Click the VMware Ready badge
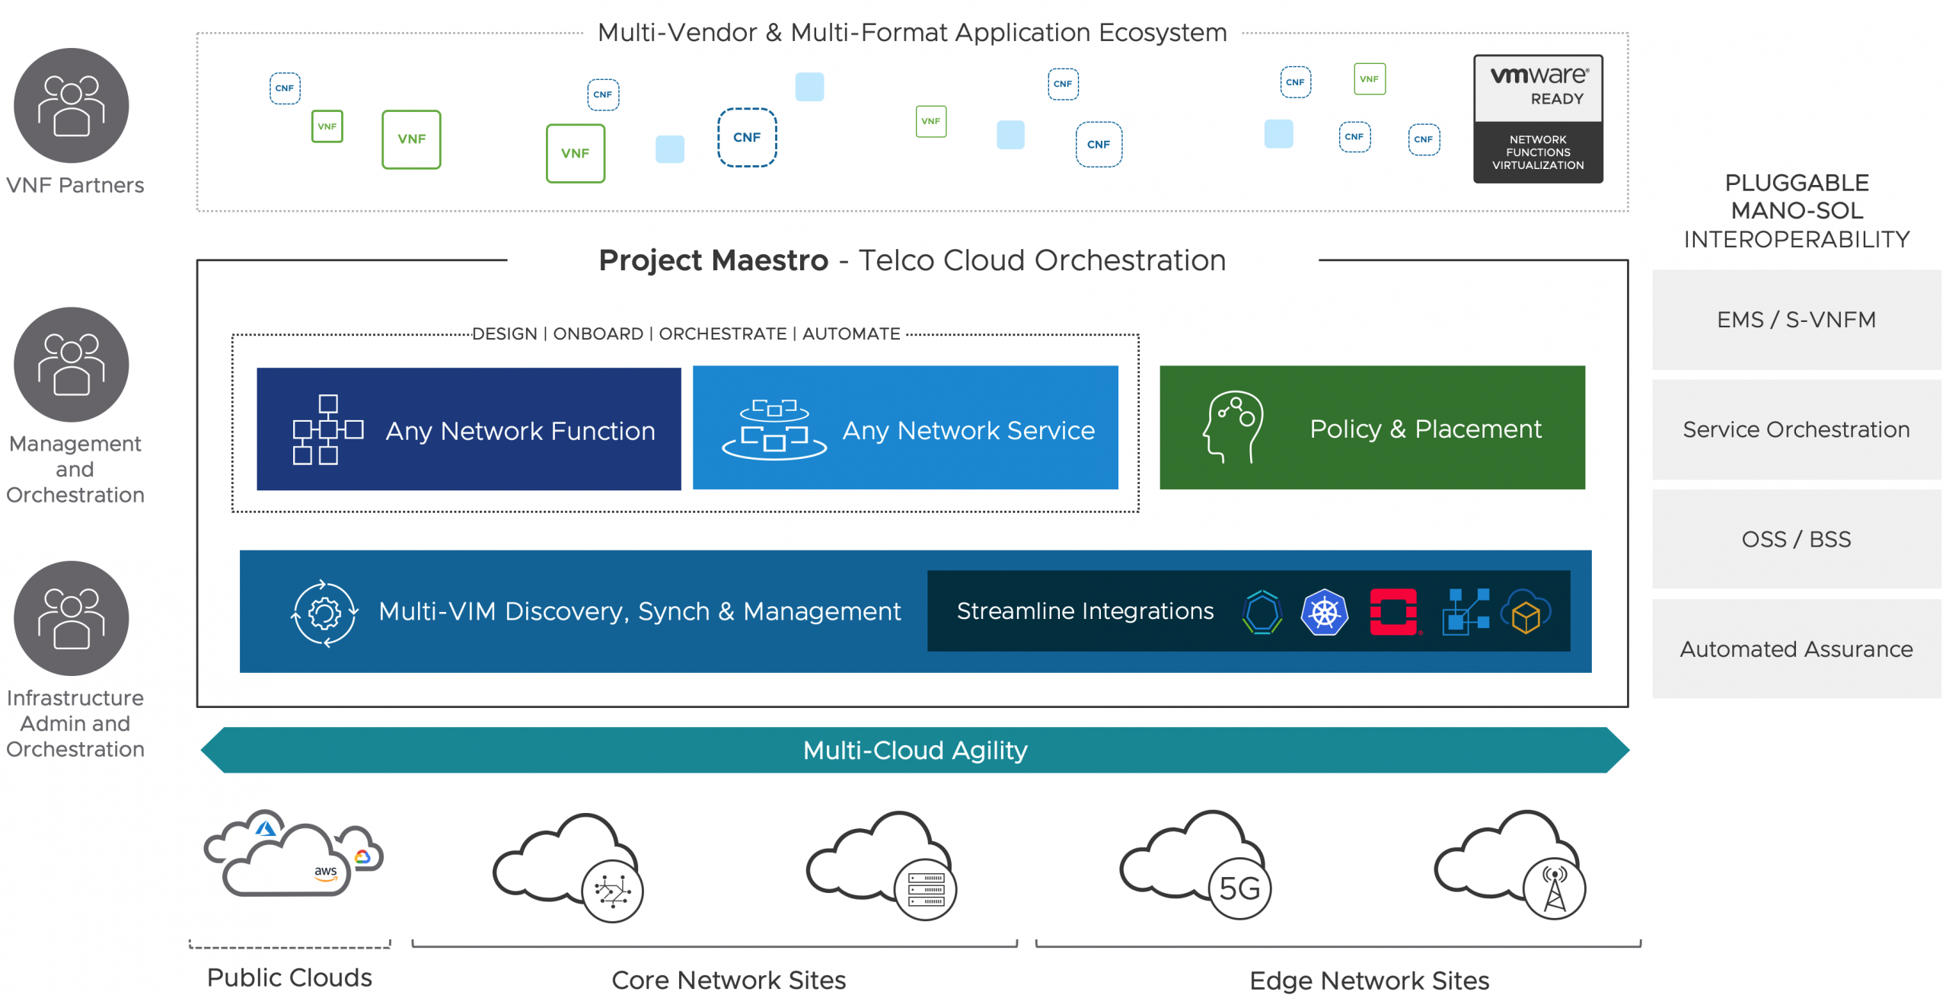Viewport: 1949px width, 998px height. click(x=1537, y=119)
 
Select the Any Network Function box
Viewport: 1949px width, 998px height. click(x=468, y=429)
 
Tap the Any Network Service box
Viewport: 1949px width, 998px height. click(x=905, y=428)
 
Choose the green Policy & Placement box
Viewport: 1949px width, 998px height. click(x=1372, y=428)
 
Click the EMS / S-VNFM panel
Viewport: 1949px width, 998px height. click(x=1796, y=320)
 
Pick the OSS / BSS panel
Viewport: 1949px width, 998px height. click(x=1796, y=539)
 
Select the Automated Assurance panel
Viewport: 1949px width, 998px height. click(x=1796, y=649)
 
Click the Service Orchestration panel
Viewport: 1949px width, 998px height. click(x=1796, y=429)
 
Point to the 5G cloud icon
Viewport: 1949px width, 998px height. click(x=1196, y=865)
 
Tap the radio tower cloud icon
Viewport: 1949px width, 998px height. click(x=1510, y=865)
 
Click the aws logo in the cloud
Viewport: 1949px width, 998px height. click(x=326, y=872)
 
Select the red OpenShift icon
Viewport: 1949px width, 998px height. click(x=1394, y=612)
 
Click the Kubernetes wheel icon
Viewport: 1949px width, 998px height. click(x=1325, y=612)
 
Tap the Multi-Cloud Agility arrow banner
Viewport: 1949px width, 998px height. click(x=915, y=751)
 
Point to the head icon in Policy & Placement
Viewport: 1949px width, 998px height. click(x=1233, y=427)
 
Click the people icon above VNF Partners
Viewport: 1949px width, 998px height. click(x=72, y=105)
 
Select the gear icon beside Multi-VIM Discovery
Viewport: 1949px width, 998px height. click(x=325, y=613)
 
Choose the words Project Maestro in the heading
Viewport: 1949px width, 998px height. click(x=713, y=260)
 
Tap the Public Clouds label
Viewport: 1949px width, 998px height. click(x=289, y=977)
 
